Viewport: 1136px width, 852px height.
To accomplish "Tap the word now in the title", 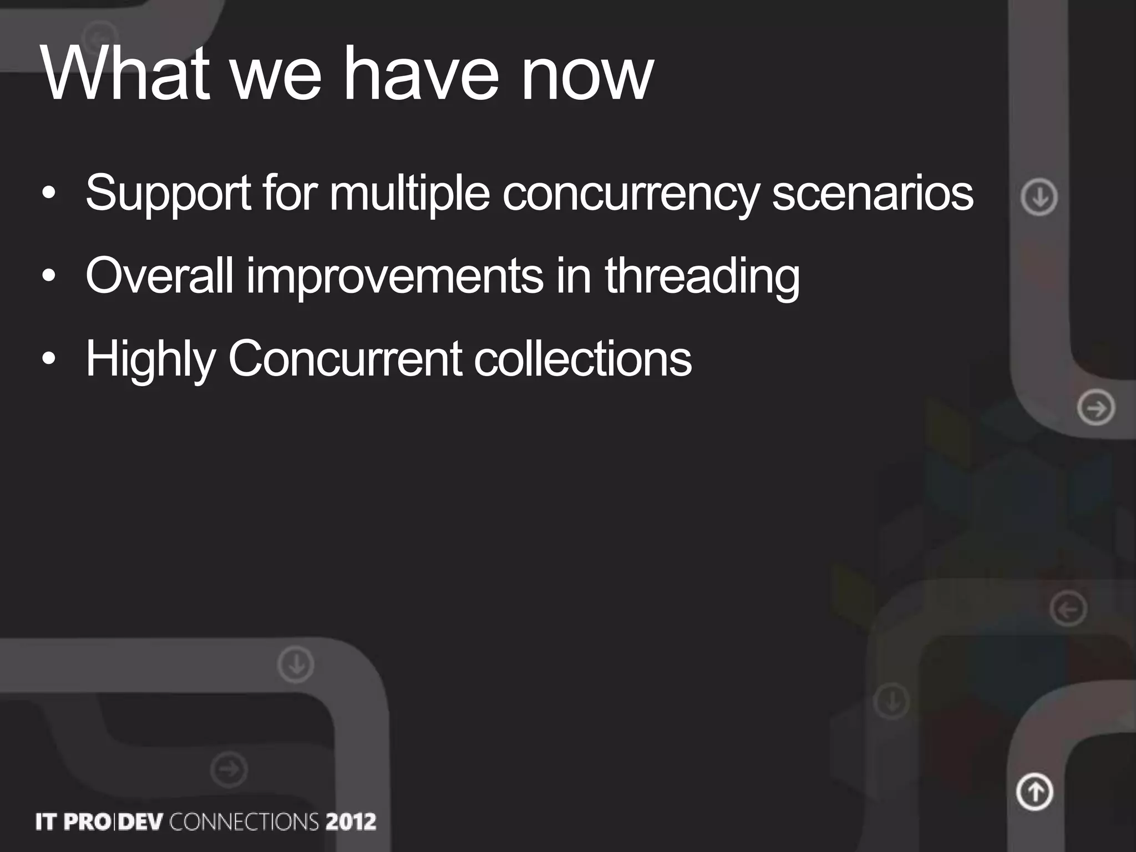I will click(x=588, y=78).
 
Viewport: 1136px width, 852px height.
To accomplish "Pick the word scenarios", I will click(x=873, y=193).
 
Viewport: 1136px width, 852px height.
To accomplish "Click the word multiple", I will click(x=409, y=194).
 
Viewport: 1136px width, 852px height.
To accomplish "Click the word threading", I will click(x=702, y=276).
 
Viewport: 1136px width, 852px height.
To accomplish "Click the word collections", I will click(x=582, y=359).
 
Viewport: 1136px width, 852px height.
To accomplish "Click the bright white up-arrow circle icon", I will click(x=1034, y=792).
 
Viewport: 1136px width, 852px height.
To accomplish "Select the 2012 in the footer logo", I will click(x=351, y=821).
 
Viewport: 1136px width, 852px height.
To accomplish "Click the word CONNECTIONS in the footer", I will click(x=244, y=821).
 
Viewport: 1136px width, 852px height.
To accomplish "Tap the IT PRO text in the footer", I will click(x=72, y=821).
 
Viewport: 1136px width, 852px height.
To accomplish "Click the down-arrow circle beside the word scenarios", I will click(x=1039, y=197).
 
